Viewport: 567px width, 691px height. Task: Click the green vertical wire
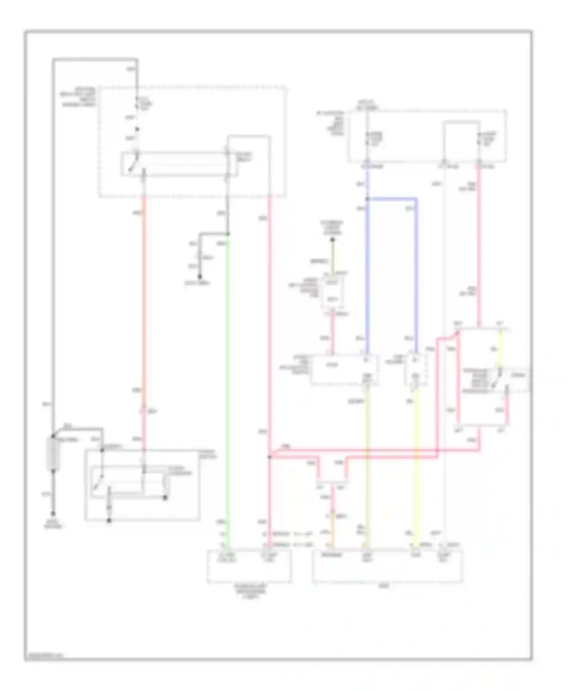(228, 378)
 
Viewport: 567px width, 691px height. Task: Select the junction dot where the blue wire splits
(367, 199)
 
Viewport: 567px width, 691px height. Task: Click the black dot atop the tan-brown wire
(333, 240)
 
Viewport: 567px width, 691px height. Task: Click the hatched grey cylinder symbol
(53, 454)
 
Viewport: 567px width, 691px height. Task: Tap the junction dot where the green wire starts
(228, 234)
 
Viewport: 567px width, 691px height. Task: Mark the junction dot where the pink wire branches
(270, 457)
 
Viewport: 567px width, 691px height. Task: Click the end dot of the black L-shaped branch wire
(200, 277)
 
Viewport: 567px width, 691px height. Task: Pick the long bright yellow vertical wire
(416, 465)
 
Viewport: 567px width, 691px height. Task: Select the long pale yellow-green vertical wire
(367, 465)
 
